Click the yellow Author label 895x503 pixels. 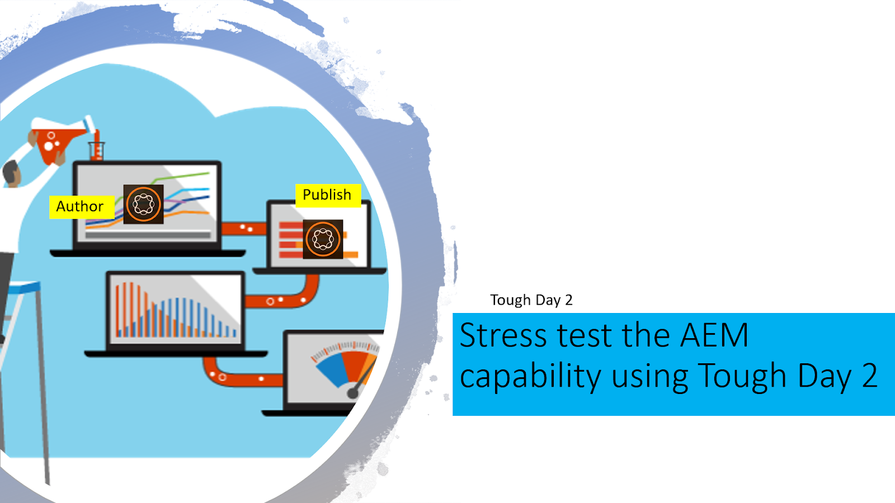(81, 207)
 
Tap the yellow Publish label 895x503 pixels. (327, 195)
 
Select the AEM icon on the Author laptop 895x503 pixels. (143, 204)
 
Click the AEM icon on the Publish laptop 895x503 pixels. (323, 239)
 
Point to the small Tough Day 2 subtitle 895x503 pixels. (531, 300)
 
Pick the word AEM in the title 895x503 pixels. (714, 335)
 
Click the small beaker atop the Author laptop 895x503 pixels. (97, 150)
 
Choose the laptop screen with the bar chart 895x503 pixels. (175, 310)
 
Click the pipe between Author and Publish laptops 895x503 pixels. (244, 228)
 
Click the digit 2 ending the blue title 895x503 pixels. (869, 376)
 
